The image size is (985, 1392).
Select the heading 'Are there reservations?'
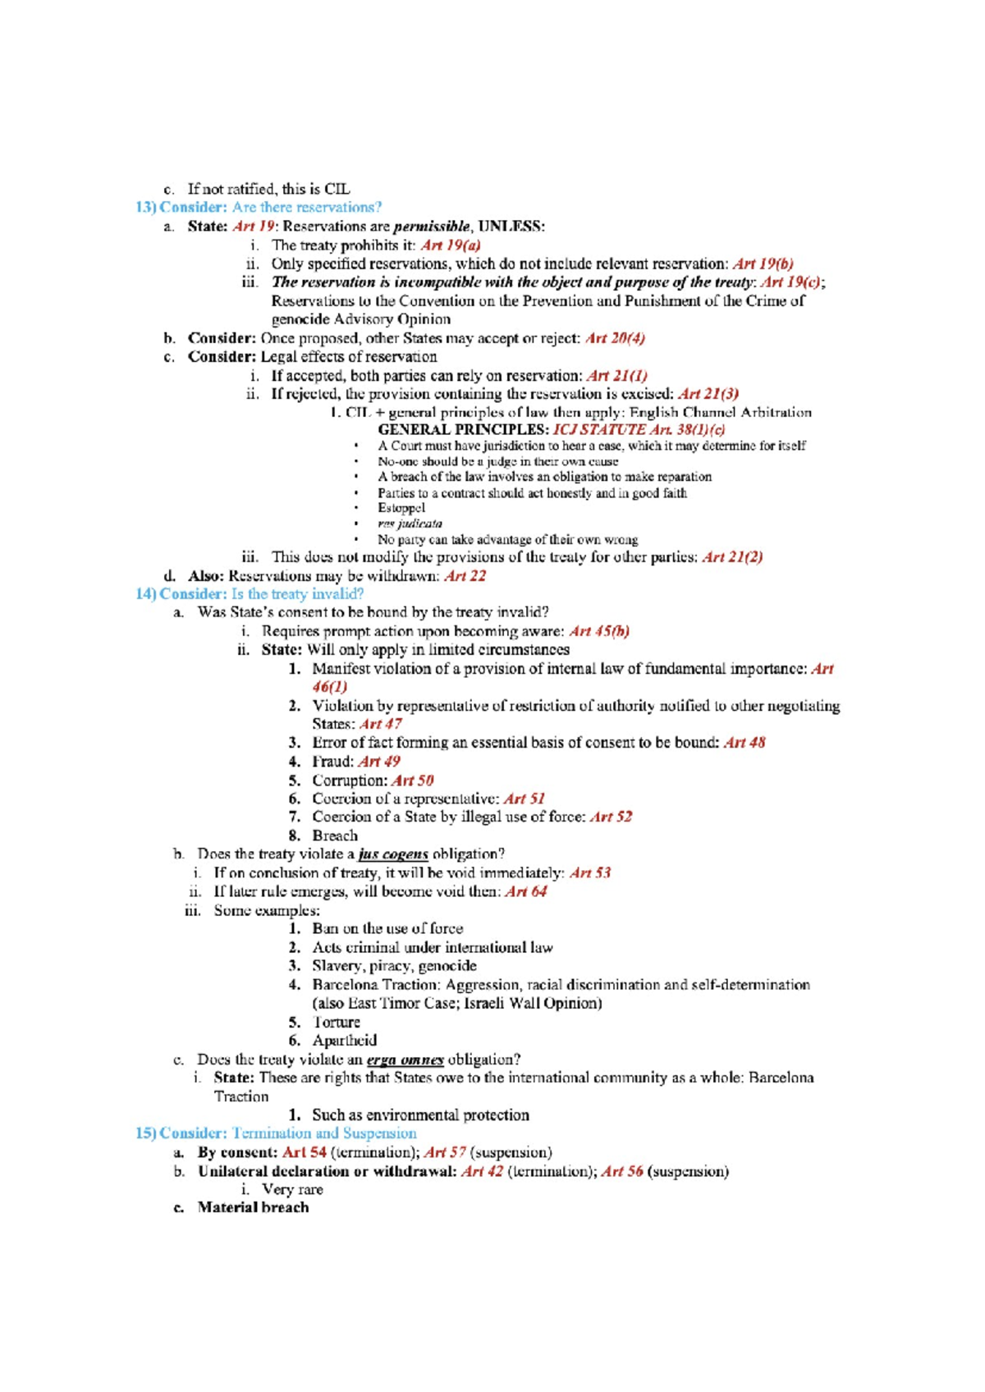(x=306, y=208)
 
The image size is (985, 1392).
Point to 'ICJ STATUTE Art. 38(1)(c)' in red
(x=639, y=429)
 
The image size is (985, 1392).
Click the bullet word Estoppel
(x=401, y=508)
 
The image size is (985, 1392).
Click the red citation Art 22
(x=465, y=576)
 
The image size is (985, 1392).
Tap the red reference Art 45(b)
(x=599, y=631)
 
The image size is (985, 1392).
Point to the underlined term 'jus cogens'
(x=393, y=854)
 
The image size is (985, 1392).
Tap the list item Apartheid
(x=344, y=1041)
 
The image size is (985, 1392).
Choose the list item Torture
(x=336, y=1022)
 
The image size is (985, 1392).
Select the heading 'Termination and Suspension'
(x=323, y=1133)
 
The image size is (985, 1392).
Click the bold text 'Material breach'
(x=253, y=1207)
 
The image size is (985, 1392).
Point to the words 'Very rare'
(x=292, y=1189)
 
